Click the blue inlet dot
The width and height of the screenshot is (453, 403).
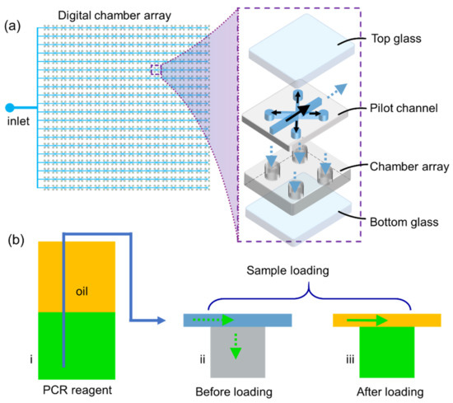pos(10,107)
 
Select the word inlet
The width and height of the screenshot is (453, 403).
pos(17,125)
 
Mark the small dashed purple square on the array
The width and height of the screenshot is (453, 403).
pos(156,70)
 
